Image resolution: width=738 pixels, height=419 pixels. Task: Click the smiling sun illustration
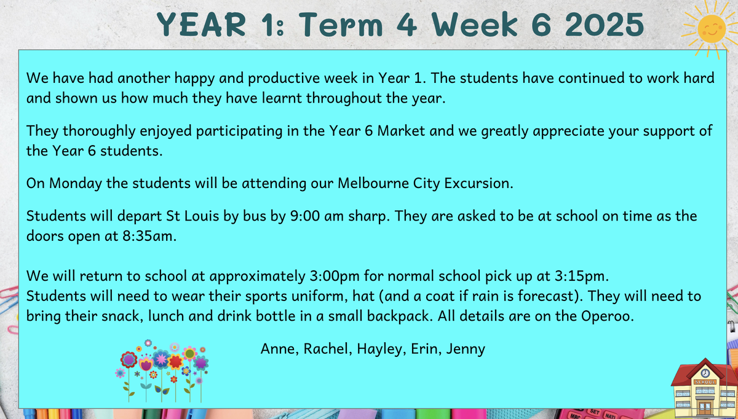tap(712, 29)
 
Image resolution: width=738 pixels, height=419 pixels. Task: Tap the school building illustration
tap(705, 388)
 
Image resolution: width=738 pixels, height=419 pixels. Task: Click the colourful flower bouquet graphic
tap(162, 371)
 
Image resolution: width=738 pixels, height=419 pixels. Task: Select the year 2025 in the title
tap(604, 25)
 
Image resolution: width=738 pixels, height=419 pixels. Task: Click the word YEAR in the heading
tap(201, 25)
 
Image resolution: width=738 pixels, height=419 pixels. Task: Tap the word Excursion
tap(478, 183)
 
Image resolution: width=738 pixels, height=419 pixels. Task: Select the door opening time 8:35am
tap(149, 236)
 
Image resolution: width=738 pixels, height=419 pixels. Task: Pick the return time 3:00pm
tap(335, 276)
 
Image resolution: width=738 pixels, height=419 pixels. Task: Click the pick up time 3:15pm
tap(582, 276)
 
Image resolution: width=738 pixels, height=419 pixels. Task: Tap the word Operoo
tap(608, 316)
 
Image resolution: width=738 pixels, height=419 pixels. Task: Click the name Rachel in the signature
tap(325, 349)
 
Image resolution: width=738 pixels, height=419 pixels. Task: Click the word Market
tap(401, 131)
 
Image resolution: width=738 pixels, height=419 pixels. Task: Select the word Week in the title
tap(475, 25)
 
